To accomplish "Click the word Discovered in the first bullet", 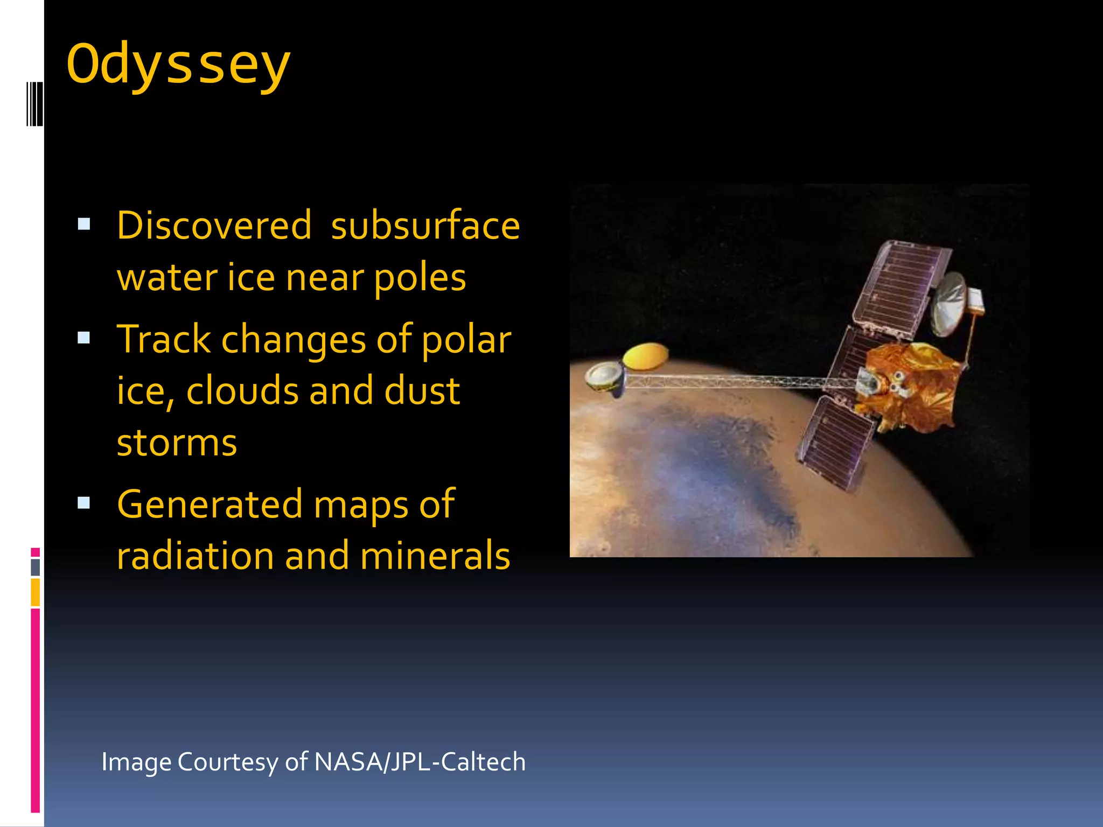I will (x=214, y=225).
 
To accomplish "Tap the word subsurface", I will (x=425, y=225).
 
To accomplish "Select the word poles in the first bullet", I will (x=420, y=278).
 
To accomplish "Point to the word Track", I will (x=164, y=339).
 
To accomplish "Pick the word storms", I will (x=177, y=443).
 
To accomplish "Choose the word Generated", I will (x=210, y=504).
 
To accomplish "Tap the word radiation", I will (x=195, y=556).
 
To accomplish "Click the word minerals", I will (x=435, y=556).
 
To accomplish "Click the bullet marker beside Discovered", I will (x=84, y=224).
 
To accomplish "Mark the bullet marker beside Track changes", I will (x=84, y=338).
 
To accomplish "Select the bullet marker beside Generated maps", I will (x=84, y=503).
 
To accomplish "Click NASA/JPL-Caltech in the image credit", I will (x=420, y=762).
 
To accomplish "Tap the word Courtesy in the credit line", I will (x=228, y=762).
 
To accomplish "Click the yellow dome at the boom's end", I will (x=645, y=356).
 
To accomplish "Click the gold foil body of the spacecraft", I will (x=910, y=385).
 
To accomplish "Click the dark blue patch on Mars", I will (x=727, y=463).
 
